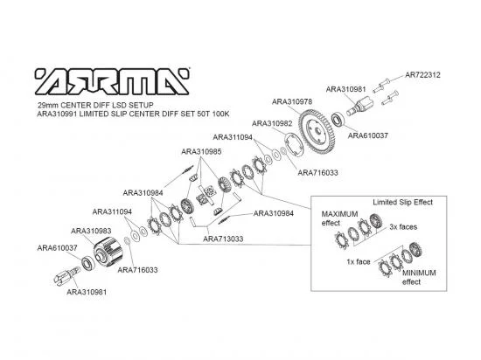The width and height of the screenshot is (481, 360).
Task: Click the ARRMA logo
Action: (112, 81)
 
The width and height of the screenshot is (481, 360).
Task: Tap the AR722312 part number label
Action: (422, 75)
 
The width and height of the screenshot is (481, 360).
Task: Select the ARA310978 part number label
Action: (292, 101)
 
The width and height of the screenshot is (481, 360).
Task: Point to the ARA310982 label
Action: (272, 123)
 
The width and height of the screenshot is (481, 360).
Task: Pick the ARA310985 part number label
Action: (201, 152)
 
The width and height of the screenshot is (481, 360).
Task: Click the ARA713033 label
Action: (223, 239)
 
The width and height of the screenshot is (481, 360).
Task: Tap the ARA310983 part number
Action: (91, 231)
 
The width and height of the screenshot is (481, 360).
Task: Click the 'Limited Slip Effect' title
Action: (402, 202)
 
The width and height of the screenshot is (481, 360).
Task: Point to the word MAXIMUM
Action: (339, 214)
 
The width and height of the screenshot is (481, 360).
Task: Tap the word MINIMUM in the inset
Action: (419, 273)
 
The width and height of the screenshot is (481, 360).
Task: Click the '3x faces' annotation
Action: (403, 227)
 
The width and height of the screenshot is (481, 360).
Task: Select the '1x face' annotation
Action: (359, 261)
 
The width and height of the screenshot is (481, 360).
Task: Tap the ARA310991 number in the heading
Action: (56, 114)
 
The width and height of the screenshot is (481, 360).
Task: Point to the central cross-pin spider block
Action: (206, 195)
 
